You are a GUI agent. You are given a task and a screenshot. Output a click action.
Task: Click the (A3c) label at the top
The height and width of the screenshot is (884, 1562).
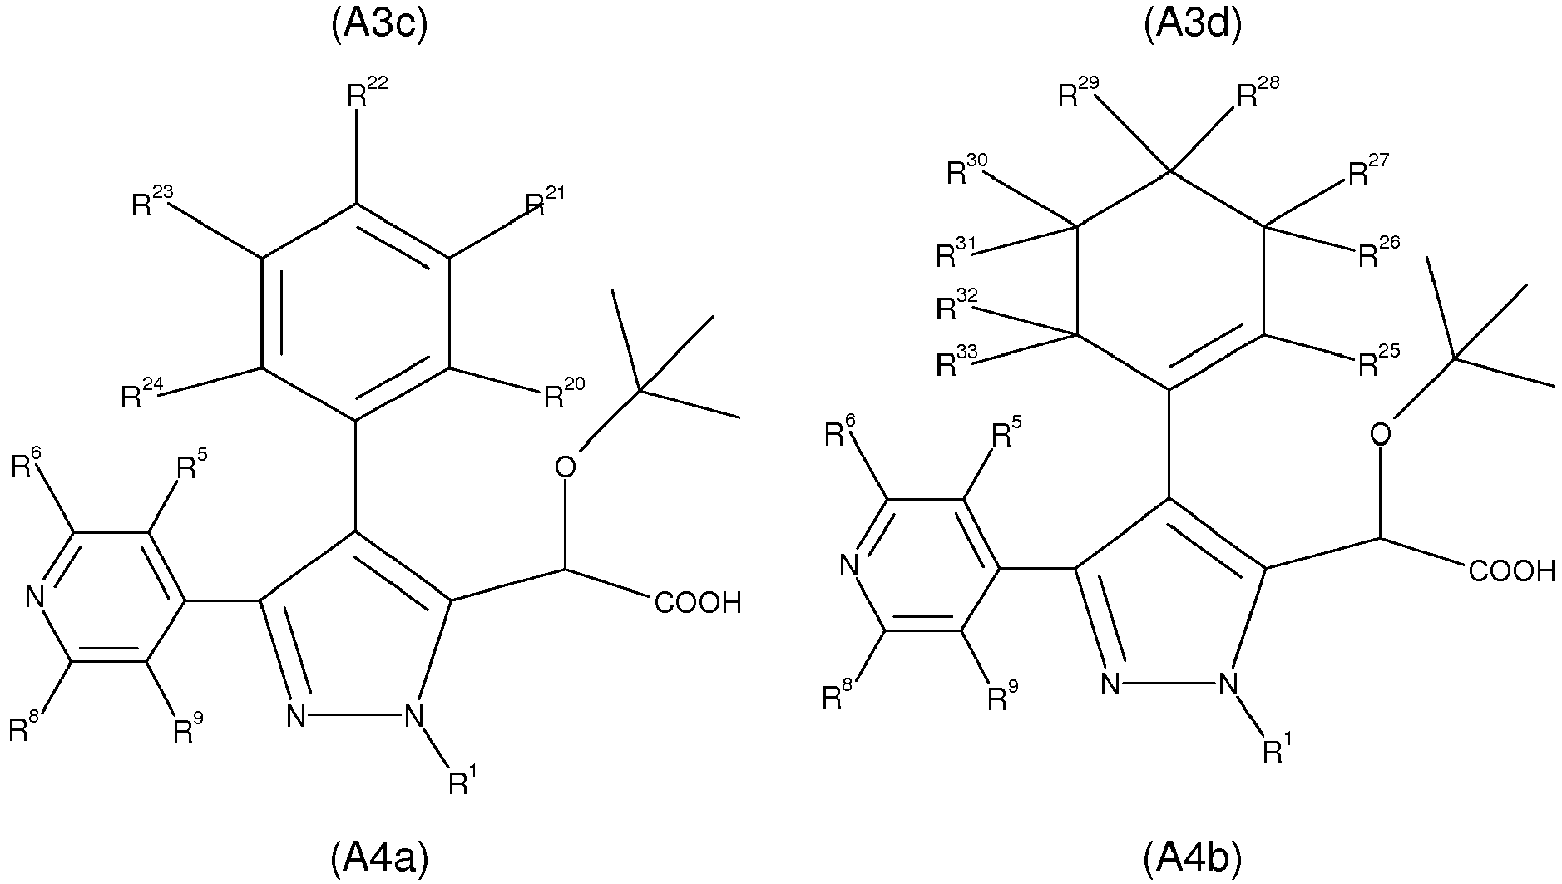click(378, 25)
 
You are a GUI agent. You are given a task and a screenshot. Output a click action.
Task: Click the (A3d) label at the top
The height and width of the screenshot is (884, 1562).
click(1191, 25)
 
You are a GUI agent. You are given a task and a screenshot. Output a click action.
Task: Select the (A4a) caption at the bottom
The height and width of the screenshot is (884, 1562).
click(378, 857)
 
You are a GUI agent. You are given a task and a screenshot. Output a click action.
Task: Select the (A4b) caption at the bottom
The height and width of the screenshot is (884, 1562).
click(1191, 857)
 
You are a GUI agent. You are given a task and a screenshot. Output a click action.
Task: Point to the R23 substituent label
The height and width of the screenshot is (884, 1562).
click(152, 202)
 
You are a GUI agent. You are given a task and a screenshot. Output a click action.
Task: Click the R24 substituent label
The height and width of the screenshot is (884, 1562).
click(141, 393)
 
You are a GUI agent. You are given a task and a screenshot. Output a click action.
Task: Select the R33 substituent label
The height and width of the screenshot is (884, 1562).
click(956, 362)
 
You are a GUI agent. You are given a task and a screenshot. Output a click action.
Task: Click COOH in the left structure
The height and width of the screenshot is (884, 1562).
click(697, 602)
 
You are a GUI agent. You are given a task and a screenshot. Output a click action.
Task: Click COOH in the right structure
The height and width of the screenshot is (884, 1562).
click(1511, 571)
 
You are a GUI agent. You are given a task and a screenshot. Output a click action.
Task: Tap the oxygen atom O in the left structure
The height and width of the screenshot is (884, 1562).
click(565, 467)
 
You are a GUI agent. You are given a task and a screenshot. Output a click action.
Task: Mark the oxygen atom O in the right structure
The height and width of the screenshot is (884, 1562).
click(1380, 434)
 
